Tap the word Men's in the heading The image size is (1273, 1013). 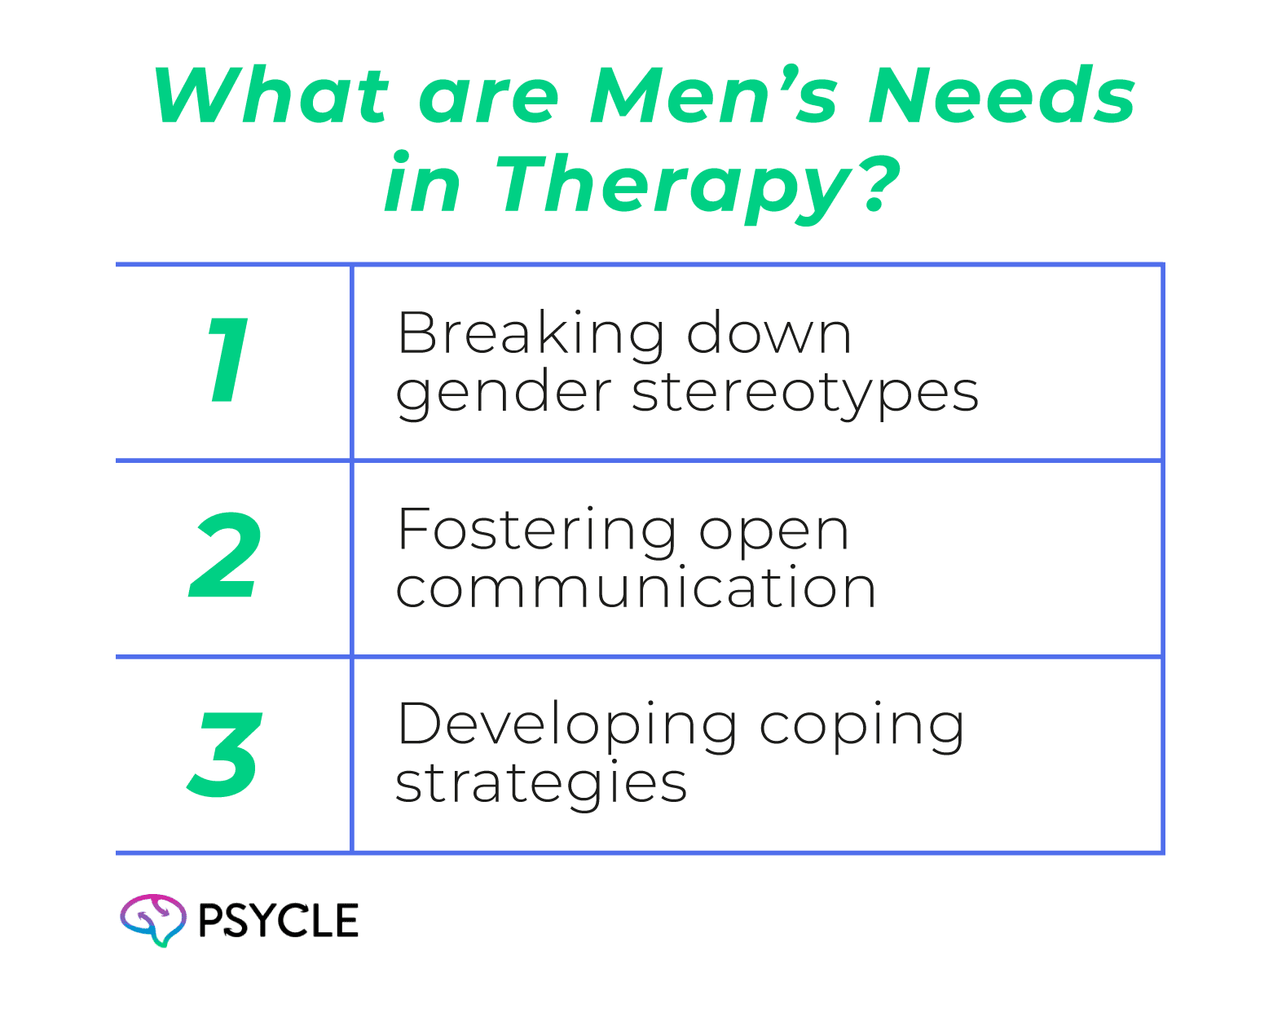coord(714,95)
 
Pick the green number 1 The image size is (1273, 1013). coord(228,359)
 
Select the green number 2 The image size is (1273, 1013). coord(225,557)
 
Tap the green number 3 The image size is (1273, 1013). coord(225,753)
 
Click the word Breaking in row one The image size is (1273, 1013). coord(530,335)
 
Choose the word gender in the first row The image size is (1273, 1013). coord(503,395)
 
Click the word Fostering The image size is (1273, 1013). coord(536,531)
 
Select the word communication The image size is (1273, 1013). coord(636,588)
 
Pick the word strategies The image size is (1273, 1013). coord(541,785)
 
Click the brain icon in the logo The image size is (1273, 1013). coord(153,920)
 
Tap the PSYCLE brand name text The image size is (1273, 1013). coord(278,920)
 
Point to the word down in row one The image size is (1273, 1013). coord(769,333)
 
